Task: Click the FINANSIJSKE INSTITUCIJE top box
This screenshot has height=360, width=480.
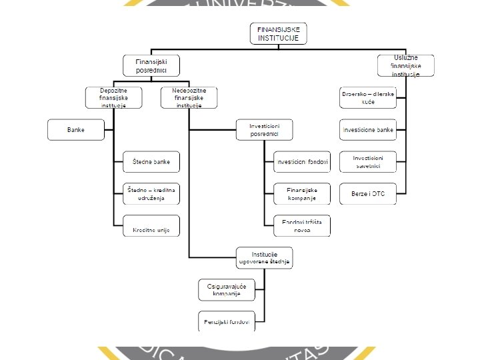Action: point(279,34)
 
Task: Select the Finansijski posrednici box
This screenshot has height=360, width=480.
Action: point(151,65)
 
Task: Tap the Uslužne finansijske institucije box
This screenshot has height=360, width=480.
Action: point(405,65)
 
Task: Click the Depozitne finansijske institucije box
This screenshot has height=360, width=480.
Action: point(113,97)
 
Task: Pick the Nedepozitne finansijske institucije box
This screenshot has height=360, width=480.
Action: point(189,97)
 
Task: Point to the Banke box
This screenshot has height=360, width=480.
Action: point(75,129)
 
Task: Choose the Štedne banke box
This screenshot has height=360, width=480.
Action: point(151,161)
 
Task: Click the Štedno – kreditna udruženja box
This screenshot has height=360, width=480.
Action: point(151,193)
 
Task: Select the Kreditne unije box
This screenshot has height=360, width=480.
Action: point(151,226)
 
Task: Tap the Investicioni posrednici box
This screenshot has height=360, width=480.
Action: point(265,129)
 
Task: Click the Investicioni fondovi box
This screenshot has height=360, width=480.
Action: point(302,161)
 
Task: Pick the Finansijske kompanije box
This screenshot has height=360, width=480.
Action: point(302,193)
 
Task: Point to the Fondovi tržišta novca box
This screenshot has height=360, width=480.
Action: point(302,225)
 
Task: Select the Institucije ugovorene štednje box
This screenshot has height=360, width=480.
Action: point(265,258)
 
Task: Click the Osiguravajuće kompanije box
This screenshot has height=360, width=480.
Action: point(227,289)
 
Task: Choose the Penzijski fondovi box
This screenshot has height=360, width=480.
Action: point(227,321)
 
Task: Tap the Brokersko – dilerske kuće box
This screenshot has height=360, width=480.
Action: point(368,97)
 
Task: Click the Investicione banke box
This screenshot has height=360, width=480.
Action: point(368,129)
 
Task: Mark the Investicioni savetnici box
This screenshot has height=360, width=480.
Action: point(368,161)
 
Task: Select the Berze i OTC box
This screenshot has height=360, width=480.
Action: point(368,193)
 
